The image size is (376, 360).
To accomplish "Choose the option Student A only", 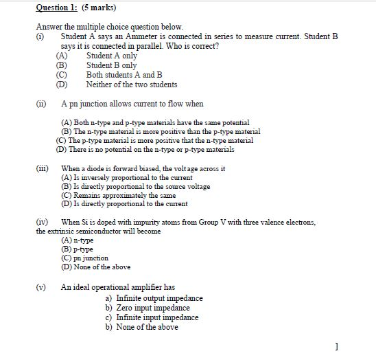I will (x=111, y=56).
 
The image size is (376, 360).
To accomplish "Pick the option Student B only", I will (x=111, y=65).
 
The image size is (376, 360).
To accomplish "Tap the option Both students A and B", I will (x=124, y=75).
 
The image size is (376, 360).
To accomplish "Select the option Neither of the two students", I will (x=131, y=85).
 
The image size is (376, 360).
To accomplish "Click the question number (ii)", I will (x=42, y=104).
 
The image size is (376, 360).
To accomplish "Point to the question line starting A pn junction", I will (x=132, y=104).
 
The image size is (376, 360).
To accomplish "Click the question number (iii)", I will (x=43, y=168).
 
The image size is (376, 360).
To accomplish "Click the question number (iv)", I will (x=43, y=223).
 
